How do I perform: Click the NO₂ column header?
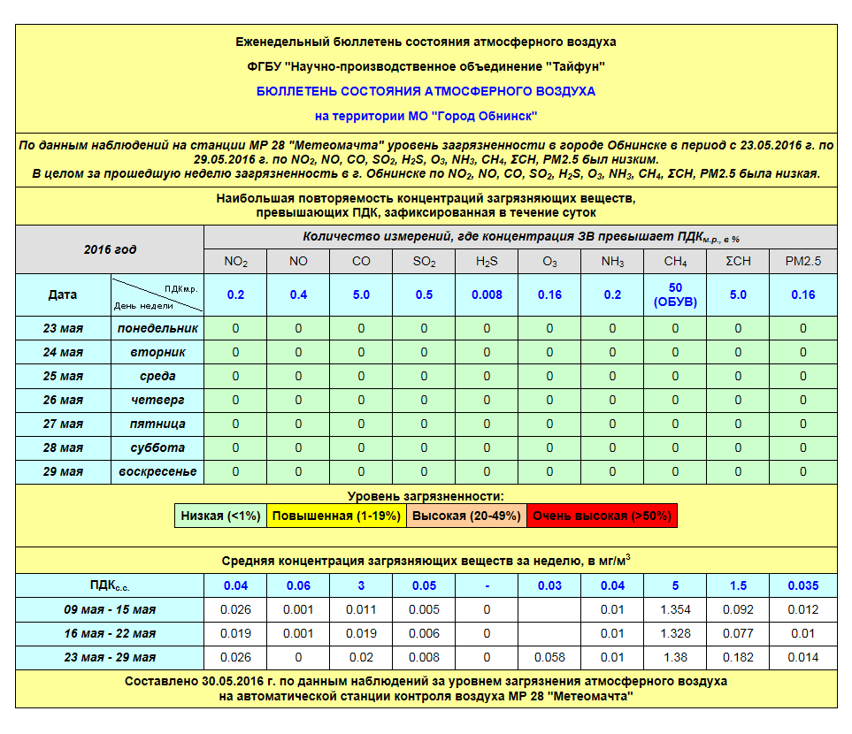235,262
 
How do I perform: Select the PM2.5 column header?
803,262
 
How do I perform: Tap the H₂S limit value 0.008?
487,294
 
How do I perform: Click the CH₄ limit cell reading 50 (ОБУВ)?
675,294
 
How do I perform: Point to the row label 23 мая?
63,328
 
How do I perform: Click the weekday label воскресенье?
157,471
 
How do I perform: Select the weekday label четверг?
157,400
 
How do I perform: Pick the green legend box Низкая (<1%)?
220,516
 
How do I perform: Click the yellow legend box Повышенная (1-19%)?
336,516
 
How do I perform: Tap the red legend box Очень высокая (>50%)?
602,516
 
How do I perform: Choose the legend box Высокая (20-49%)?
466,516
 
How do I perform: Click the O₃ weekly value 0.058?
549,657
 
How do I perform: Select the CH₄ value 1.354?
675,609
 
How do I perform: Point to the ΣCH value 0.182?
738,657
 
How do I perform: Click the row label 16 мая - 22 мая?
110,633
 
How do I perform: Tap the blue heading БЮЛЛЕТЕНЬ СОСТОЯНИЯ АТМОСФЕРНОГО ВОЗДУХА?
426,91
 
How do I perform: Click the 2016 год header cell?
110,249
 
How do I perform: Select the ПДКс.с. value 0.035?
803,585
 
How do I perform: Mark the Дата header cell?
63,294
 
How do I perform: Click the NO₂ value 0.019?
235,633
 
